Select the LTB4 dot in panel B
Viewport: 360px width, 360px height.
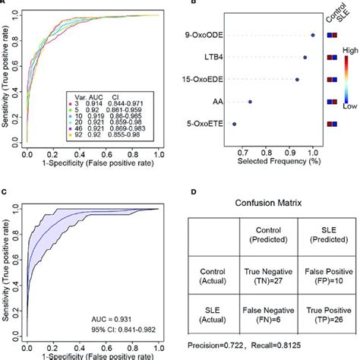pyautogui.click(x=305, y=57)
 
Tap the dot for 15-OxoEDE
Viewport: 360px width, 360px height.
pyautogui.click(x=297, y=79)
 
